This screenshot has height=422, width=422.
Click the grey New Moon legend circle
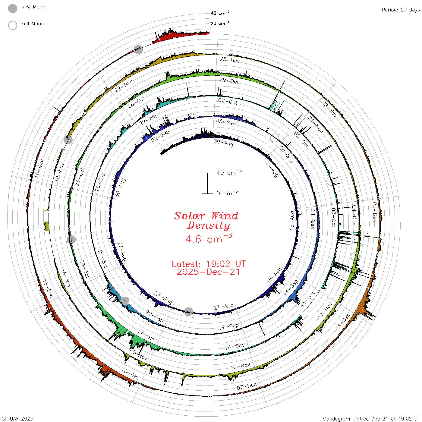tap(12, 8)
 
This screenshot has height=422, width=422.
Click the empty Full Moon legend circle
tap(12, 25)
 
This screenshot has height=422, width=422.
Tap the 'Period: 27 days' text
tap(401, 10)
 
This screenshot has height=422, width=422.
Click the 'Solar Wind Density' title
tap(206, 221)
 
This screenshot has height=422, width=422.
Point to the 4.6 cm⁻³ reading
tap(209, 238)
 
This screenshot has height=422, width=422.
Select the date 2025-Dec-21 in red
tap(208, 272)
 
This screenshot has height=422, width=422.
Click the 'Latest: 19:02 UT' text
tap(209, 264)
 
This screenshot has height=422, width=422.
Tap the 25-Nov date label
tap(230, 60)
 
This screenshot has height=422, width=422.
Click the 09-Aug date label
tap(223, 143)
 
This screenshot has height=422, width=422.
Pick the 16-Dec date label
tap(39, 168)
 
